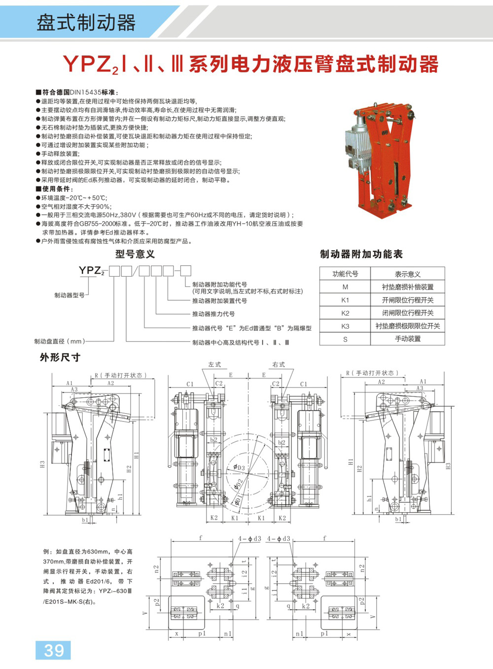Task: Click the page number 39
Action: pos(53,650)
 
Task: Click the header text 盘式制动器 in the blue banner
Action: pos(86,23)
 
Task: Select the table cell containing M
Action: pos(345,287)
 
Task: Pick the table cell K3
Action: pos(345,326)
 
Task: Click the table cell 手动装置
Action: pos(408,339)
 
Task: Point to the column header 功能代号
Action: pos(345,274)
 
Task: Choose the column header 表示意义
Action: pos(408,274)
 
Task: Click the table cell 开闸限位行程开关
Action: pos(408,300)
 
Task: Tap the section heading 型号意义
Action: pos(135,254)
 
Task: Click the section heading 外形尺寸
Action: pos(60,357)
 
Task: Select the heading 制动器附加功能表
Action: pos(361,254)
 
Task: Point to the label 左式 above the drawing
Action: pos(214,365)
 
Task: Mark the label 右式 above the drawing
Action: pos(279,365)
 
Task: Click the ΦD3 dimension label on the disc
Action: pos(239,467)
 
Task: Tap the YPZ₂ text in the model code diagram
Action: pos(92,271)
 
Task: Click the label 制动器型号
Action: pos(69,295)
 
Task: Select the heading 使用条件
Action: pos(56,189)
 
